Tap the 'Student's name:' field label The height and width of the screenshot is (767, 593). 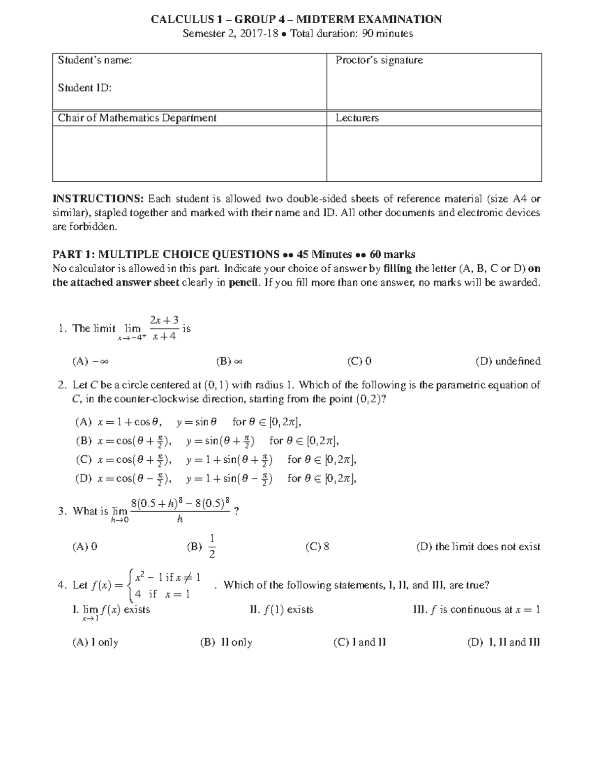pyautogui.click(x=94, y=60)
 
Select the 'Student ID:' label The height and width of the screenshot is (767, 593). pyautogui.click(x=85, y=88)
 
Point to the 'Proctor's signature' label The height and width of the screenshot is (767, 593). pyautogui.click(x=379, y=60)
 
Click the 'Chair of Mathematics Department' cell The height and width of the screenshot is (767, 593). pyautogui.click(x=137, y=118)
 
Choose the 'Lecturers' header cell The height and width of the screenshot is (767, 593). pyautogui.click(x=357, y=118)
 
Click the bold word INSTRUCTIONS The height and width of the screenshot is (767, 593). pyautogui.click(x=98, y=199)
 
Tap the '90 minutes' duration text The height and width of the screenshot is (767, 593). pyautogui.click(x=389, y=34)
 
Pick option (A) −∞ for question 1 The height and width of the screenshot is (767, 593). pyautogui.click(x=90, y=362)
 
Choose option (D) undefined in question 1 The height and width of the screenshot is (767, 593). pyautogui.click(x=508, y=362)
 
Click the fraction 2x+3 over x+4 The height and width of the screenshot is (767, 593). pyautogui.click(x=165, y=329)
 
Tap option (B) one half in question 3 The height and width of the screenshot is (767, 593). pyautogui.click(x=202, y=547)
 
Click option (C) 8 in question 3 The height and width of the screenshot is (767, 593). pyautogui.click(x=317, y=547)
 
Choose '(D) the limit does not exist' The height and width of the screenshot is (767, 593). pyautogui.click(x=478, y=547)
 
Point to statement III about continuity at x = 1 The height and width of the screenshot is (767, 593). pyautogui.click(x=476, y=610)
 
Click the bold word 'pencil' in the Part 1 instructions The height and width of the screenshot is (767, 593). pyautogui.click(x=243, y=283)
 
